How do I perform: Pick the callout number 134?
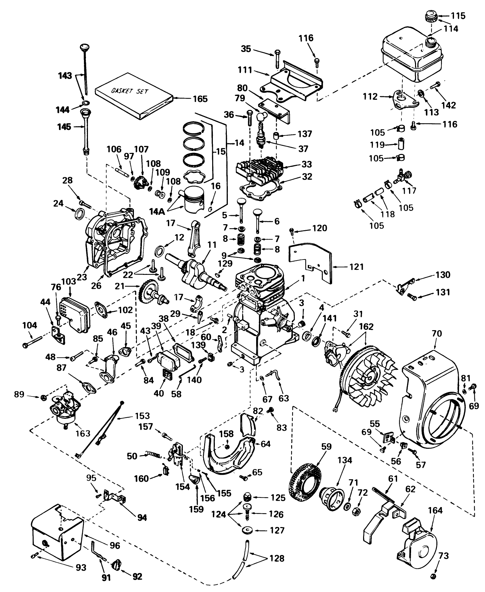pos(344,461)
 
